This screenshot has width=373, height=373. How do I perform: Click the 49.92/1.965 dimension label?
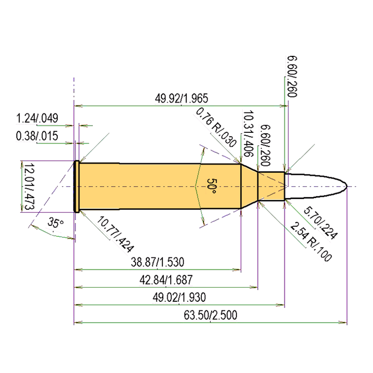(181, 98)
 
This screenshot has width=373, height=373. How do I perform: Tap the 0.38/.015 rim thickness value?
(37, 136)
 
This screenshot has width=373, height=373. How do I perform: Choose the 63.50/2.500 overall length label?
(211, 315)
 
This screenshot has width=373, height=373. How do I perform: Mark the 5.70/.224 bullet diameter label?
(320, 224)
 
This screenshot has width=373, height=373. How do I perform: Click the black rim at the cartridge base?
(76, 186)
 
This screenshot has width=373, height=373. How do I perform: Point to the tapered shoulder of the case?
(249, 186)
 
